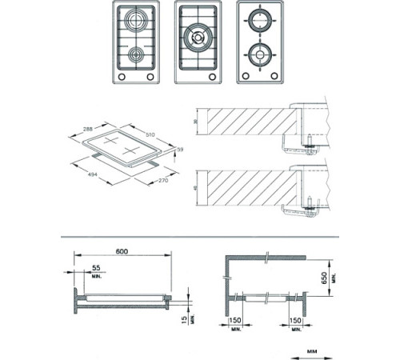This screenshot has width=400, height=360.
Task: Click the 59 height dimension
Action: point(179,149)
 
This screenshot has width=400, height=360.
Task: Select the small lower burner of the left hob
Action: point(138,55)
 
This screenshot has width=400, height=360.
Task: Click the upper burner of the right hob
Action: point(261,21)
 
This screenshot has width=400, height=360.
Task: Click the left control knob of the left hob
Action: point(122,76)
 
